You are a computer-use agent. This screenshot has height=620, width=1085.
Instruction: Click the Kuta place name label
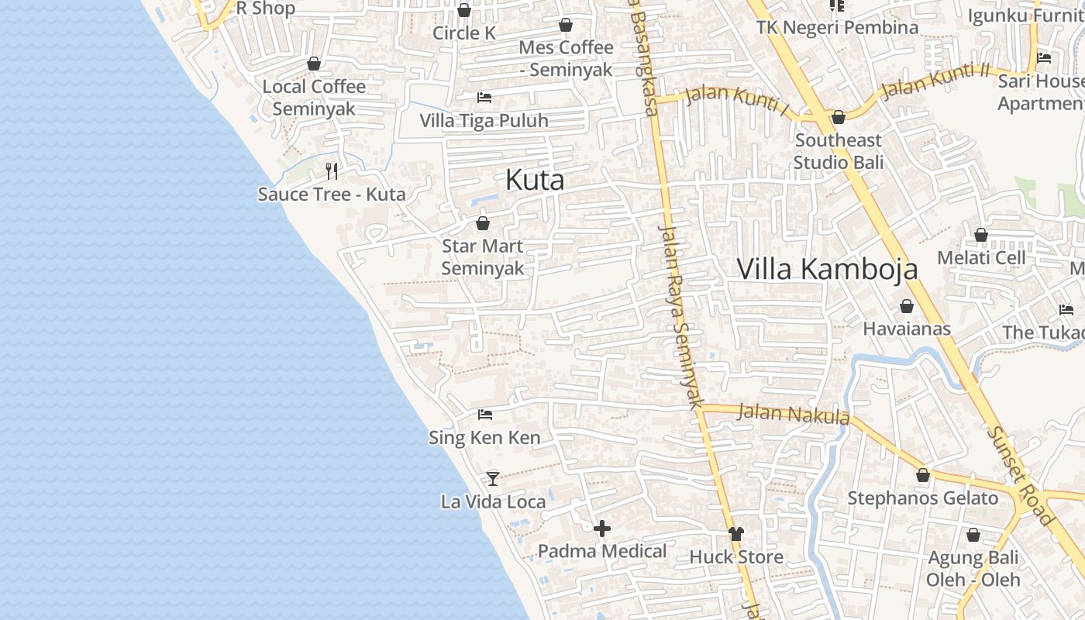(535, 181)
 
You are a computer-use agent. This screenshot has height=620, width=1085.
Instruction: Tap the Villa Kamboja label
(827, 269)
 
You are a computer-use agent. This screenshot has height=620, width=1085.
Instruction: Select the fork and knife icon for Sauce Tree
(332, 170)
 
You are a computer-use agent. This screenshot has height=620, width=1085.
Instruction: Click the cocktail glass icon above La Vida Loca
(492, 478)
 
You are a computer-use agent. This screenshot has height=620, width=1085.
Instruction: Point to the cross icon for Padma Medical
(602, 529)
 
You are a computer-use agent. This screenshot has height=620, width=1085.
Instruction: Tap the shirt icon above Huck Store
(735, 534)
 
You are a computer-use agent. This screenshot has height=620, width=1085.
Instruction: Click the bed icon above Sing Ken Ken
(485, 415)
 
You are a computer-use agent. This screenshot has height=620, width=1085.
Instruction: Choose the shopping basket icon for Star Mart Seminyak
(483, 223)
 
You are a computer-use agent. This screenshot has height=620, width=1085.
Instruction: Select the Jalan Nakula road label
(793, 414)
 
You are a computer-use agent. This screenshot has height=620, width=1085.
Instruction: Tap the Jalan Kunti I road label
(737, 102)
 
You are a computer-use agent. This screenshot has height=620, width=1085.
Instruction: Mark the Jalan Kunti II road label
(935, 81)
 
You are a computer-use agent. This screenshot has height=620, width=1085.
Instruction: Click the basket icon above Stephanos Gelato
(923, 475)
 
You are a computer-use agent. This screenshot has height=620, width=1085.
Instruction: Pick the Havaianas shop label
(907, 329)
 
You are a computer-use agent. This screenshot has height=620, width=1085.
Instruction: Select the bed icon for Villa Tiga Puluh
(484, 98)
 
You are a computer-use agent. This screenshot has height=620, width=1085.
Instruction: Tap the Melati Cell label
(981, 257)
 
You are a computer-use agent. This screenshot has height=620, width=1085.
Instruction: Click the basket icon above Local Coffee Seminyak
(314, 64)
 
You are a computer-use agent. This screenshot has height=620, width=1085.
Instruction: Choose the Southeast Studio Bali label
(838, 151)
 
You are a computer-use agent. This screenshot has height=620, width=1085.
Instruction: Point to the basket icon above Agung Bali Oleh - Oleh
(973, 535)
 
